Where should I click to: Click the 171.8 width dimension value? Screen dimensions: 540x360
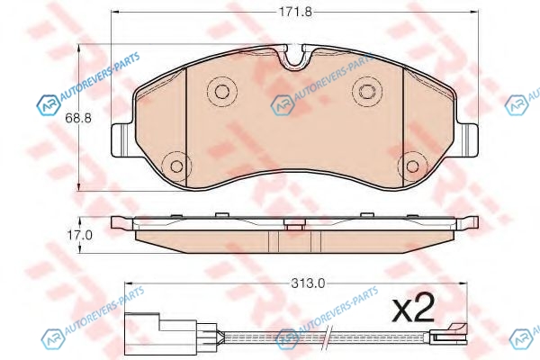coord(295,12)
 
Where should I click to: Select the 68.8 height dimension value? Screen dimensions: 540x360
coord(78,119)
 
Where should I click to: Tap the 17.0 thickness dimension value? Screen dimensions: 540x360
coord(79,236)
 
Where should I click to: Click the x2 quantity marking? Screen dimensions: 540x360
coord(414,309)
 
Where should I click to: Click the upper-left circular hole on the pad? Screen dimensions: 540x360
coord(222,91)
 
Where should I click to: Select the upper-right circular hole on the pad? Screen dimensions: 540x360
coord(367,91)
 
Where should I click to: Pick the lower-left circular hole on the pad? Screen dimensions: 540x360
coord(176,166)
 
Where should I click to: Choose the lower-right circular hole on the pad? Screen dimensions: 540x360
coord(412,166)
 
